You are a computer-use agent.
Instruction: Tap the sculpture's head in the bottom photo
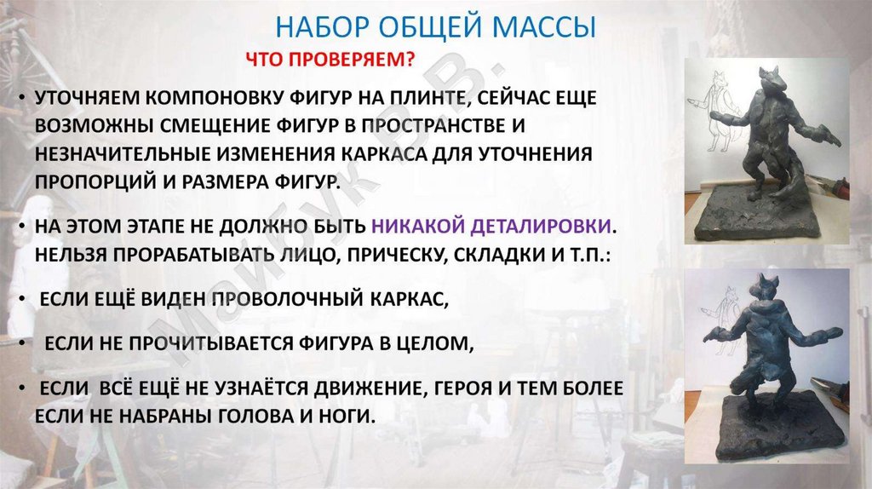[765, 287]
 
